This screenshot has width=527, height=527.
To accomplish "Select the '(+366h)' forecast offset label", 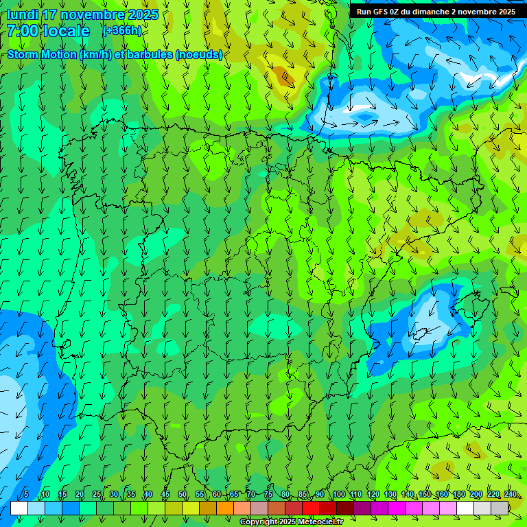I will [x=122, y=30].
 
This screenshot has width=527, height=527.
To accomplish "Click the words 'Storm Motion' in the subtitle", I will [x=43, y=55].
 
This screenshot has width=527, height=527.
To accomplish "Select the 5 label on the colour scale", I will [x=26, y=494].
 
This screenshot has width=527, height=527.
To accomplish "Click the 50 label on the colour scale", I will [x=183, y=494].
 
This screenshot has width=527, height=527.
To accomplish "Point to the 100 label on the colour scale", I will [x=338, y=494].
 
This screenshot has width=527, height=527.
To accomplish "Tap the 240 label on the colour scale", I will [x=511, y=494].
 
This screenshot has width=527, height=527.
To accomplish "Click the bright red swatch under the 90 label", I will [x=311, y=508].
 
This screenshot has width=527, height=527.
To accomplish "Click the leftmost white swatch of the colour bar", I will [x=19, y=508].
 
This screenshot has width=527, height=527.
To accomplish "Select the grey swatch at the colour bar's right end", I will [x=500, y=508].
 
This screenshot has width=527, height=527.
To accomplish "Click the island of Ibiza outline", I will [x=420, y=333].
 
